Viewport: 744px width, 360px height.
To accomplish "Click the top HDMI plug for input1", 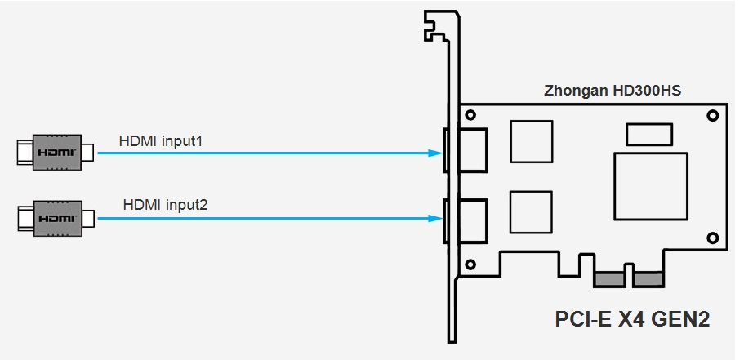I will [56, 153].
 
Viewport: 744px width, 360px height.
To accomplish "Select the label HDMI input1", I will [161, 141].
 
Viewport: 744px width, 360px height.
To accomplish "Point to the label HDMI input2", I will [165, 204].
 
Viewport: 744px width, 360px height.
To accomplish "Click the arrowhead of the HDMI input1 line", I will [435, 153].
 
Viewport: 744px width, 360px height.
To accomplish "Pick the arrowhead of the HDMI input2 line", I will [435, 217].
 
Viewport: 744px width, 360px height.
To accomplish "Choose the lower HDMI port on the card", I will [471, 221].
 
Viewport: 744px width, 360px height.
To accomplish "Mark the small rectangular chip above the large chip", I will [649, 134].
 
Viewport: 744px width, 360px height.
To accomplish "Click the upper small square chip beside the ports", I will [531, 141].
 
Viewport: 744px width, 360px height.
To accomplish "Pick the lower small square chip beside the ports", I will [531, 211].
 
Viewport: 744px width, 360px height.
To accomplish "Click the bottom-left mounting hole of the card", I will [470, 264].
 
